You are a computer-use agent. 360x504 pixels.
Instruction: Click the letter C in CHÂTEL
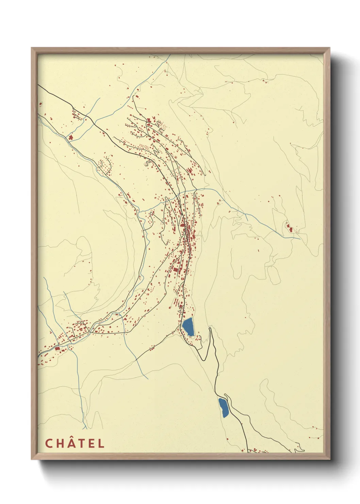(49, 443)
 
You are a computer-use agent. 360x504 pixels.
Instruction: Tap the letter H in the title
(60, 443)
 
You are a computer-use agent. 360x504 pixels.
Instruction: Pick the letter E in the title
(91, 443)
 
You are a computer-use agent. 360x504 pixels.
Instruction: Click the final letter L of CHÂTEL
(101, 443)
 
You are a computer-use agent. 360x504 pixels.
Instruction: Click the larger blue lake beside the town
(188, 327)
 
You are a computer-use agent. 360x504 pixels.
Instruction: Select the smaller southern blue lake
(224, 407)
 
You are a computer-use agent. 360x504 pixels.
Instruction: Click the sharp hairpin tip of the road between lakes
(210, 329)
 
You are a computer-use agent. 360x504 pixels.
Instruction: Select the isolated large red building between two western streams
(71, 137)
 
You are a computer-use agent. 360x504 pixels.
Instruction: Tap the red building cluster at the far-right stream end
(290, 227)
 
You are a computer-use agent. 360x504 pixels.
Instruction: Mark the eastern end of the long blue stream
(300, 239)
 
